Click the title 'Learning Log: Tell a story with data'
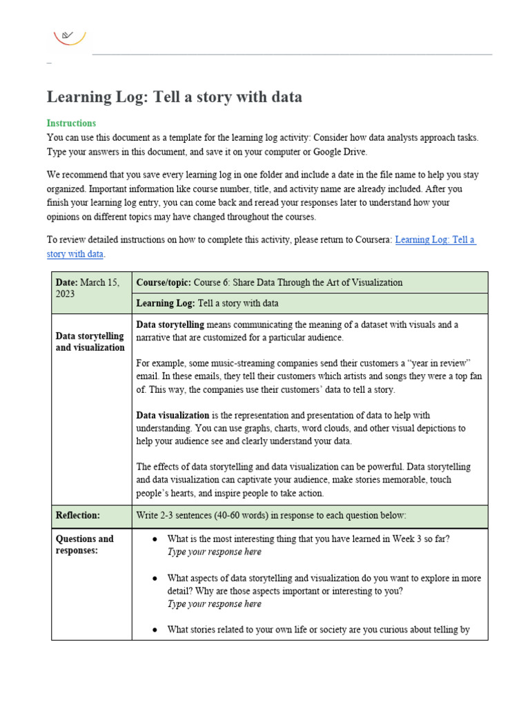pos(174,97)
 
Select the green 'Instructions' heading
pos(71,123)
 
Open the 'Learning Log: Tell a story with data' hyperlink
pos(435,240)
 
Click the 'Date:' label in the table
pos(68,282)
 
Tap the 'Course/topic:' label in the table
pos(164,282)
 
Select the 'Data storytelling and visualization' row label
pos(90,342)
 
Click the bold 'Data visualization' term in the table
pos(173,415)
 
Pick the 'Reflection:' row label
pos(78,515)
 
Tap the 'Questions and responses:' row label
pos(84,545)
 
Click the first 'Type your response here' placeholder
pos(214,552)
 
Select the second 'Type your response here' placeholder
pos(214,603)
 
